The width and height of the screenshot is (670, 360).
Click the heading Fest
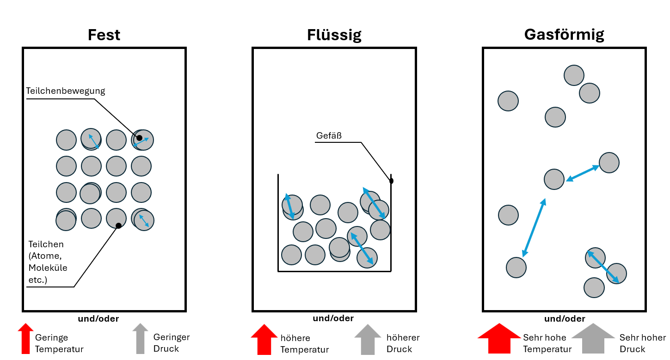point(104,35)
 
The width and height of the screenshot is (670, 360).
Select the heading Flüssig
point(334,35)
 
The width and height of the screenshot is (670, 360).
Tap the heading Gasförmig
point(564,35)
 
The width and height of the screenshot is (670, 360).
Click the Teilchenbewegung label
point(66,91)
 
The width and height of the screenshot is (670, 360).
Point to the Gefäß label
point(329,136)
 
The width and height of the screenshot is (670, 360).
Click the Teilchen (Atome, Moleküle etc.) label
point(48,262)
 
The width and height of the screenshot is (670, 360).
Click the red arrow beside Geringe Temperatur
point(25,339)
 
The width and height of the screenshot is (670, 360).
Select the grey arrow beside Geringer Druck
point(140,339)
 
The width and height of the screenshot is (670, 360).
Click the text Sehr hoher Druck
point(643,343)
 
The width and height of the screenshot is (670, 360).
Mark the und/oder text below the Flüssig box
point(333,318)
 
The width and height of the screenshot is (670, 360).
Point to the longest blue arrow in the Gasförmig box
point(534,227)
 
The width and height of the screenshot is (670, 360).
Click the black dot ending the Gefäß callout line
point(391,181)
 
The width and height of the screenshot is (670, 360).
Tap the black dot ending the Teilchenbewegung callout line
point(139,138)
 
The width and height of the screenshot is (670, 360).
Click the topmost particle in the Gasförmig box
point(574,75)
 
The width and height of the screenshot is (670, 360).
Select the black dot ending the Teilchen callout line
point(118,226)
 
